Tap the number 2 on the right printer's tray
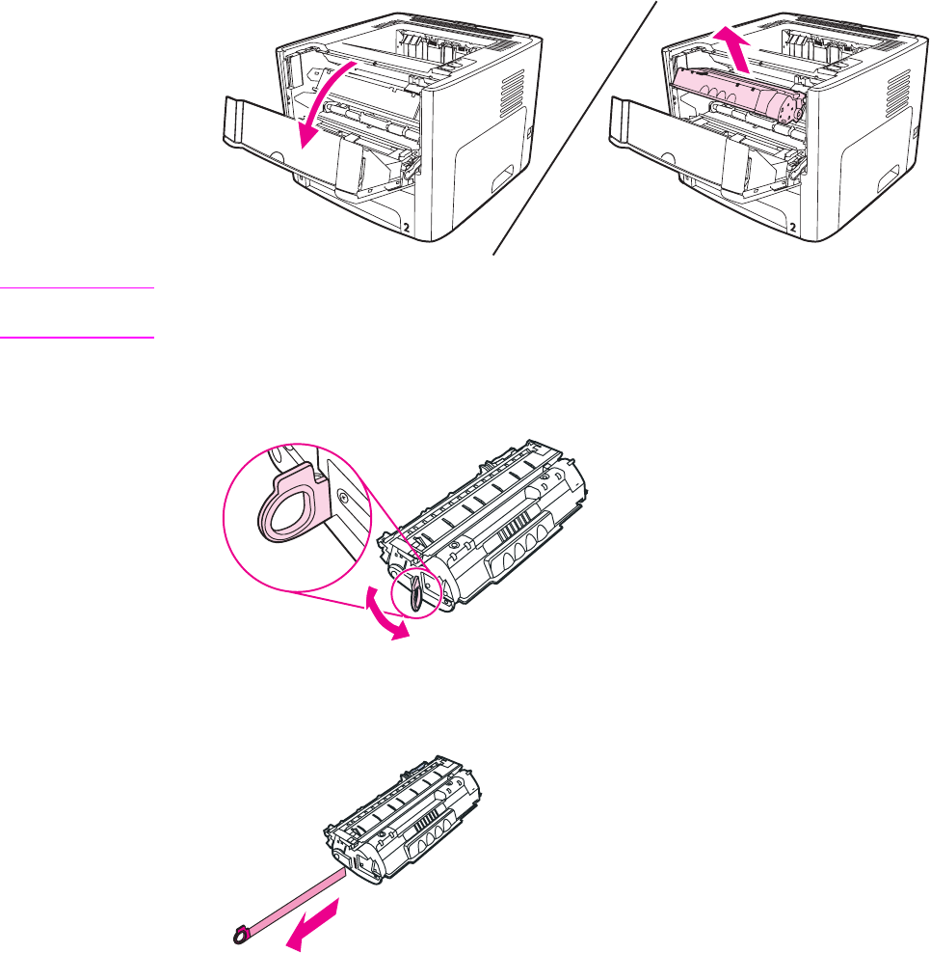tap(792, 225)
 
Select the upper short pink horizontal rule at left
tap(77, 287)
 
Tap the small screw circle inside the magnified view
tap(343, 498)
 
